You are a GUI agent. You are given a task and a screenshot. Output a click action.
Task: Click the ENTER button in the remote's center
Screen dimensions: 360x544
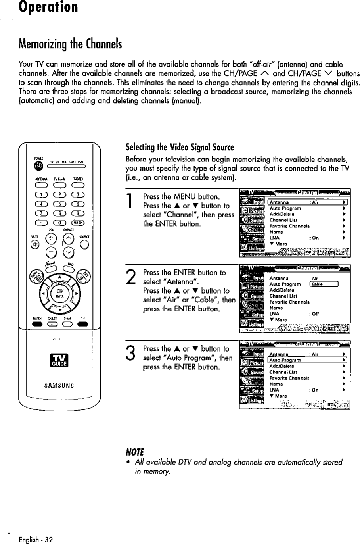coord(58,296)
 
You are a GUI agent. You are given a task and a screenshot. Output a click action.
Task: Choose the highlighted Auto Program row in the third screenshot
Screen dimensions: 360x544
coord(308,360)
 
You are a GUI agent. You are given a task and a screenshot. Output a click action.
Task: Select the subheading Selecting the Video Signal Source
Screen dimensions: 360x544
coord(180,148)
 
